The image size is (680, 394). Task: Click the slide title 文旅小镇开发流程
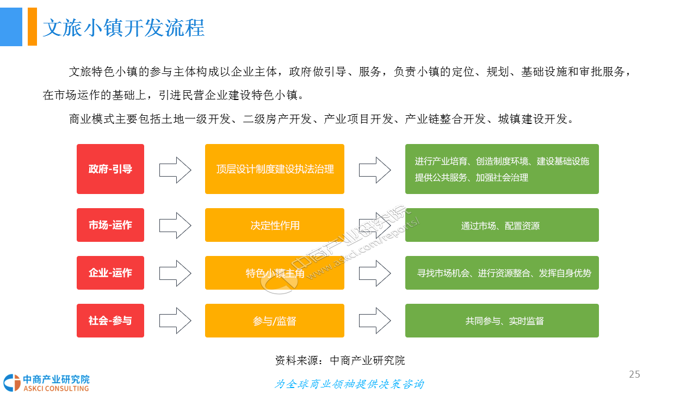[x=123, y=28]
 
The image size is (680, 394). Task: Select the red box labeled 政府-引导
[x=110, y=169]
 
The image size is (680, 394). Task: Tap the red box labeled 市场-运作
[x=110, y=225]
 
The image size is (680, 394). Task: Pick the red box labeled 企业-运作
[x=110, y=273]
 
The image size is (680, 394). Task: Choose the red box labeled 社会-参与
[x=110, y=321]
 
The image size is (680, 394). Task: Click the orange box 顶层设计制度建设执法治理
[x=275, y=169]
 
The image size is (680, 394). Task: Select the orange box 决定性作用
[x=275, y=225]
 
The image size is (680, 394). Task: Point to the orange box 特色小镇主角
[x=275, y=273]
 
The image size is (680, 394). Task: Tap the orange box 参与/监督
[x=275, y=321]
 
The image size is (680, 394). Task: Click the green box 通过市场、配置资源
[x=502, y=225]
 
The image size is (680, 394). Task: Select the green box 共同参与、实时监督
[x=502, y=321]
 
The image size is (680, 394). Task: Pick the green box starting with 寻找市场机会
[x=502, y=273]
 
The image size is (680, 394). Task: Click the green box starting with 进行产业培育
[x=502, y=169]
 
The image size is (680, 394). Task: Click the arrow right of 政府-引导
[x=175, y=170]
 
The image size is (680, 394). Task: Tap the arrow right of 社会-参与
[x=175, y=321]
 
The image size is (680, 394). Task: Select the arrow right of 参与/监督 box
[x=375, y=321]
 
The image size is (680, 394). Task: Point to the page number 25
[x=634, y=374]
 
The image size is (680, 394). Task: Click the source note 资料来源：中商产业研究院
[x=340, y=360]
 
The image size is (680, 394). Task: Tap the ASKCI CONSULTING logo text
[x=56, y=389]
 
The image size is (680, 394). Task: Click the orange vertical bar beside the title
[x=32, y=27]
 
